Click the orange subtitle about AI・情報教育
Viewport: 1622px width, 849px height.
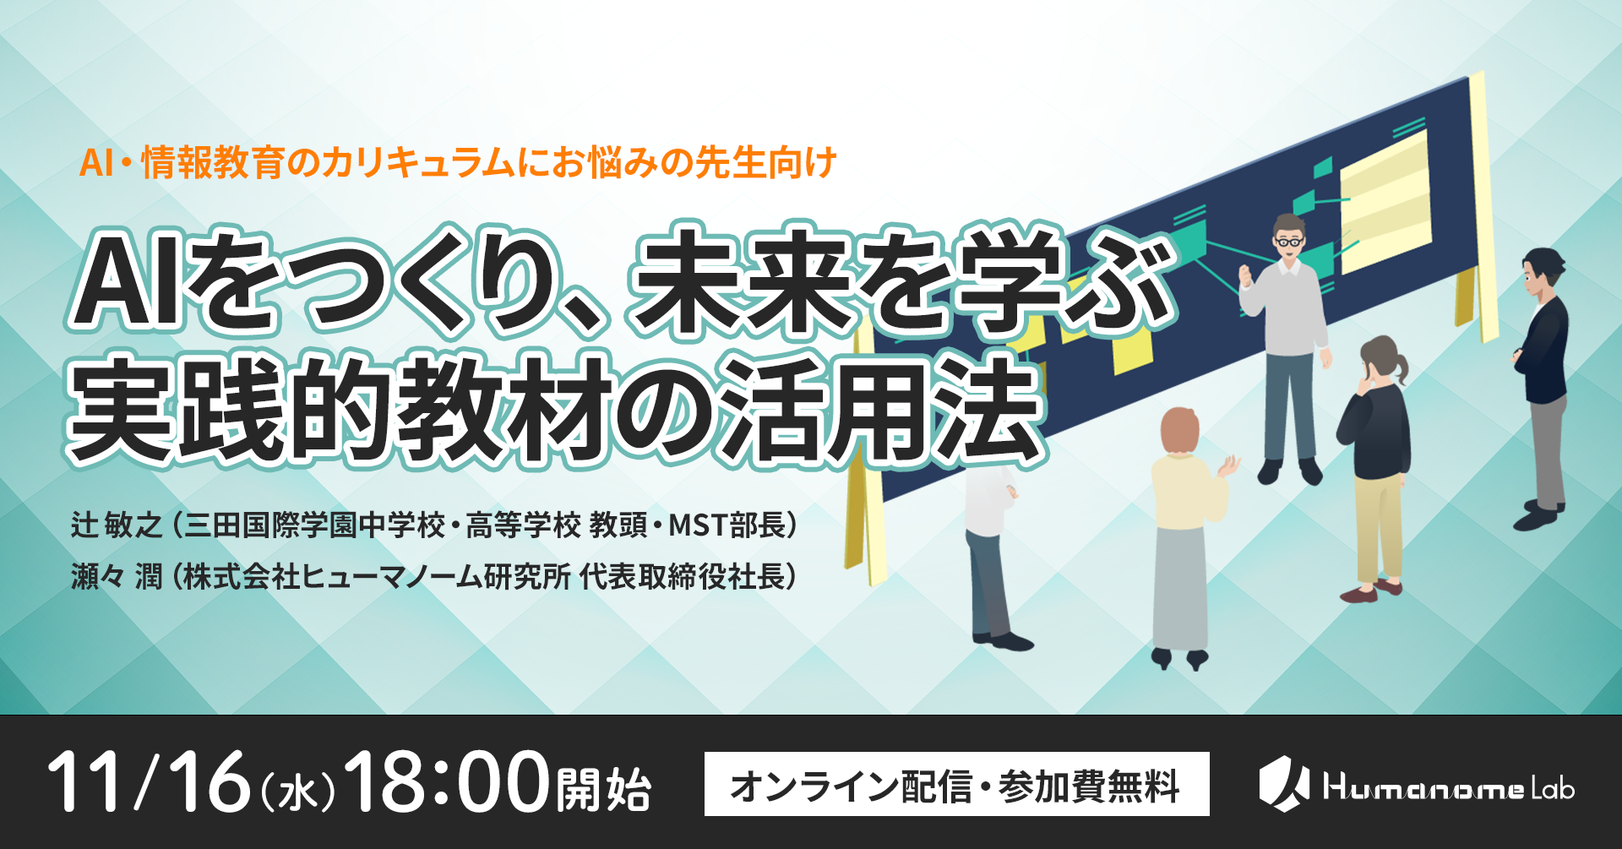[x=457, y=162]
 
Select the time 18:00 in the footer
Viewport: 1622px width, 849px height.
[x=447, y=782]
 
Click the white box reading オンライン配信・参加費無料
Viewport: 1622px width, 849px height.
[x=956, y=784]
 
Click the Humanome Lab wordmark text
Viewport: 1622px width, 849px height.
[x=1448, y=788]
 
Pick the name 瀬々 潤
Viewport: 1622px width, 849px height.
[x=116, y=577]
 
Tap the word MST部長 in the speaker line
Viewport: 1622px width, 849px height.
[x=727, y=525]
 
